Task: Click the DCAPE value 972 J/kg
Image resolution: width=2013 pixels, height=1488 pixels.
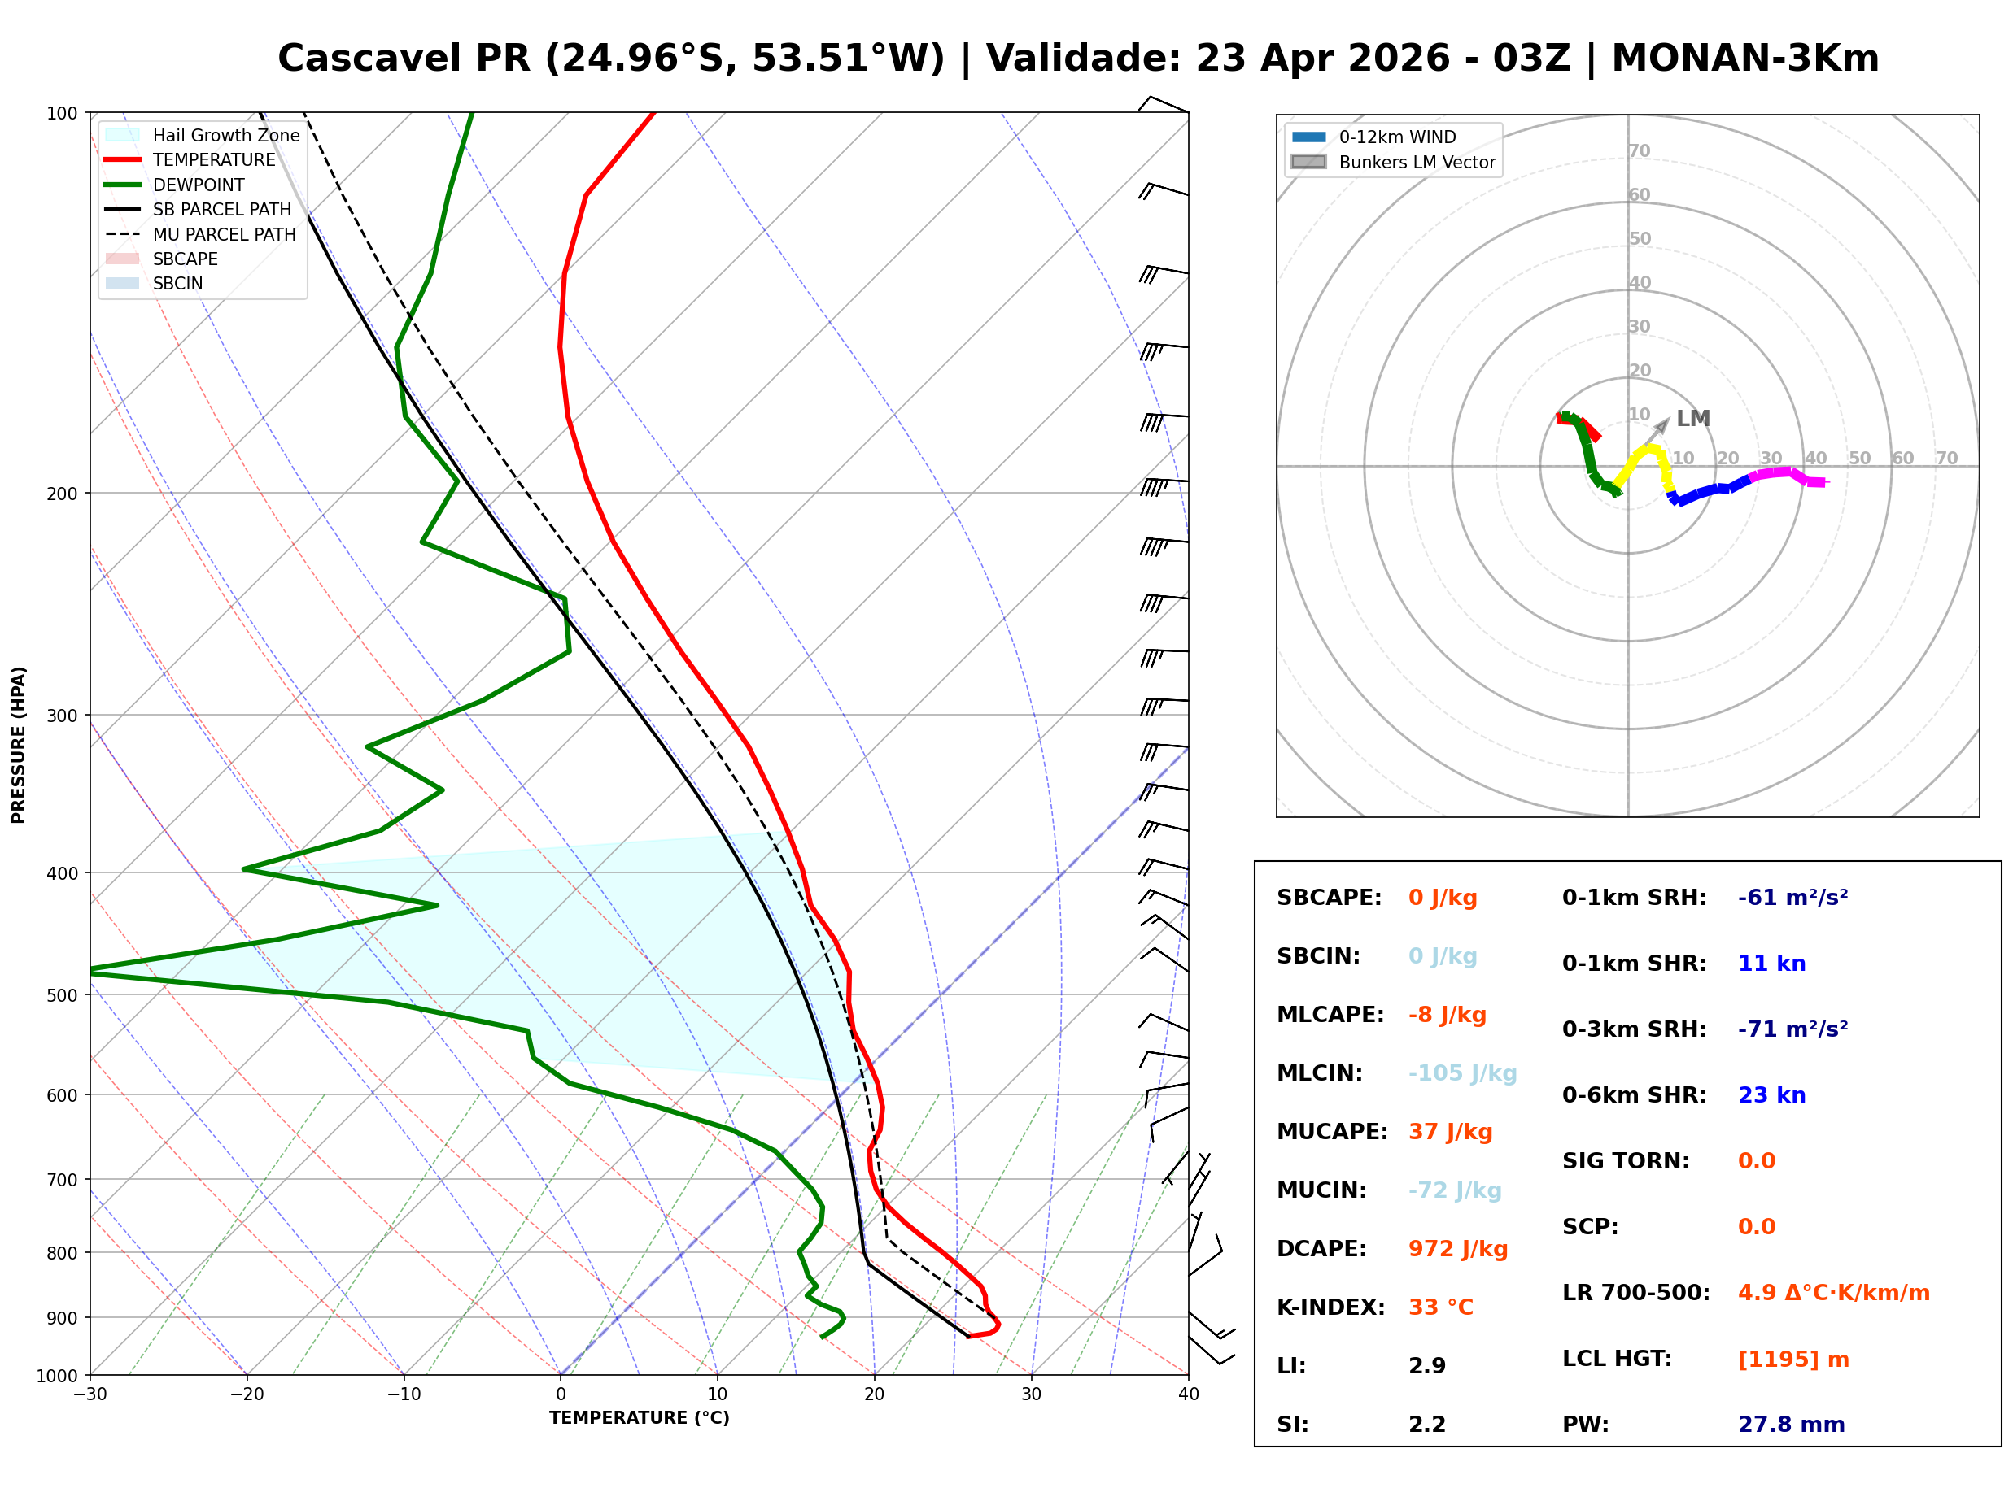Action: pyautogui.click(x=1457, y=1248)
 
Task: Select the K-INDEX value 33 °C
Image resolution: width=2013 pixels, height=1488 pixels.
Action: pyautogui.click(x=1440, y=1307)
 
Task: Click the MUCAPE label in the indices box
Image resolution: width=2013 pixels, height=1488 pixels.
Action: pyautogui.click(x=1332, y=1131)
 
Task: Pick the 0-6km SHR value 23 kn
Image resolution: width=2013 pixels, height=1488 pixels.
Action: pyautogui.click(x=1771, y=1094)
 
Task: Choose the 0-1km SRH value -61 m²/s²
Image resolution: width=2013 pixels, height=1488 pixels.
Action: pyautogui.click(x=1792, y=897)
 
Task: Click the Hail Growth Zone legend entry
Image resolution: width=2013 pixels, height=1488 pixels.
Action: pyautogui.click(x=225, y=135)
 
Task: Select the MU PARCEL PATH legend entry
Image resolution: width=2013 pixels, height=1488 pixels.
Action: pyautogui.click(x=224, y=234)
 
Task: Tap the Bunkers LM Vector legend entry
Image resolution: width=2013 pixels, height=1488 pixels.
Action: pyautogui.click(x=1416, y=162)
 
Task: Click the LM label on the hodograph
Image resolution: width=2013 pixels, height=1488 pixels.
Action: pyautogui.click(x=1692, y=419)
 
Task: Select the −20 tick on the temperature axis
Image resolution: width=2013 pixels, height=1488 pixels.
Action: pyautogui.click(x=246, y=1394)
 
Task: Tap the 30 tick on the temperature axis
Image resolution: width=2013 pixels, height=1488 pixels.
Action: pyautogui.click(x=1031, y=1394)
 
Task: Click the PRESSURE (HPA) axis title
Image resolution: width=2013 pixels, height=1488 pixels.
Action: pyautogui.click(x=19, y=744)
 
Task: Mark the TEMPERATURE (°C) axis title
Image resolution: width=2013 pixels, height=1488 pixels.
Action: pyautogui.click(x=639, y=1418)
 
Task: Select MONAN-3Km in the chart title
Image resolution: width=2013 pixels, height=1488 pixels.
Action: pyautogui.click(x=1744, y=59)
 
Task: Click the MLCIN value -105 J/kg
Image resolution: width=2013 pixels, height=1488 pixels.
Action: pyautogui.click(x=1461, y=1072)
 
